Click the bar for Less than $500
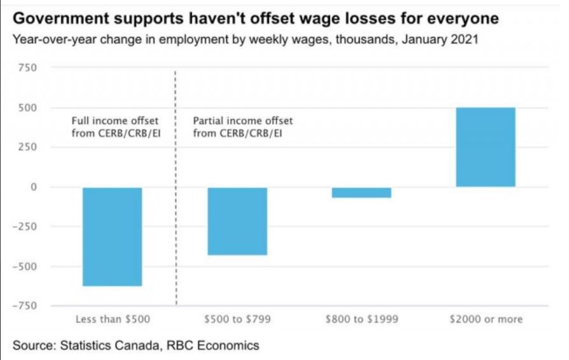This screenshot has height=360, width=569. (x=113, y=237)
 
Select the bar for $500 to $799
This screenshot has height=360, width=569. (x=237, y=221)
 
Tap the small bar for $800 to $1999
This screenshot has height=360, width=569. (x=361, y=193)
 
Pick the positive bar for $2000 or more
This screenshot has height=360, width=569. (x=486, y=147)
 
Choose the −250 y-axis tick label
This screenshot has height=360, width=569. (x=26, y=226)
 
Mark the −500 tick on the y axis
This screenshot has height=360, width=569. (x=26, y=267)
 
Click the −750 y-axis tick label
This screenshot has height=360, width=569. (x=26, y=306)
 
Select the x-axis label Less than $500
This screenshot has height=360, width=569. (x=113, y=319)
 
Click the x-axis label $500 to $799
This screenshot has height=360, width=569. (x=237, y=319)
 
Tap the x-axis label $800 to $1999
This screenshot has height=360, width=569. (x=361, y=319)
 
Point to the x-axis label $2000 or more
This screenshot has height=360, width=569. (x=486, y=319)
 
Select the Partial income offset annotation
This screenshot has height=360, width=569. (x=238, y=125)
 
